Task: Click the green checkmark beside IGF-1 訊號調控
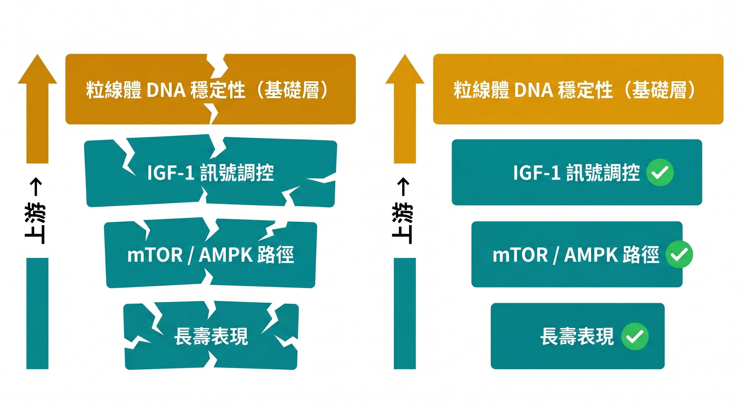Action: [660, 172]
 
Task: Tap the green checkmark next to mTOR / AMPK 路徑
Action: [679, 254]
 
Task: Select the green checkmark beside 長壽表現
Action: [634, 336]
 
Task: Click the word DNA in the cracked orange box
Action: [166, 90]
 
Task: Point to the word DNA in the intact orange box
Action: [534, 90]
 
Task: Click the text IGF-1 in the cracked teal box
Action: [171, 173]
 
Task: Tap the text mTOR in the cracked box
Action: [155, 255]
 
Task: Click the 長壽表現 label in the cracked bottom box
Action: [211, 336]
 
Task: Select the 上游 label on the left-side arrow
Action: [35, 223]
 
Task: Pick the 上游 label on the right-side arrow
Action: [403, 223]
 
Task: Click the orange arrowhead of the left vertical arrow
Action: [37, 71]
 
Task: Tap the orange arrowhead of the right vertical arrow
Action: [405, 71]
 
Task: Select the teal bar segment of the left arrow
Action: [37, 313]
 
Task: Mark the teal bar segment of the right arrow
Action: [405, 313]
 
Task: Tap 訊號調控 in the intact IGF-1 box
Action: [603, 173]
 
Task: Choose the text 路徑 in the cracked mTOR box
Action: [276, 255]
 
